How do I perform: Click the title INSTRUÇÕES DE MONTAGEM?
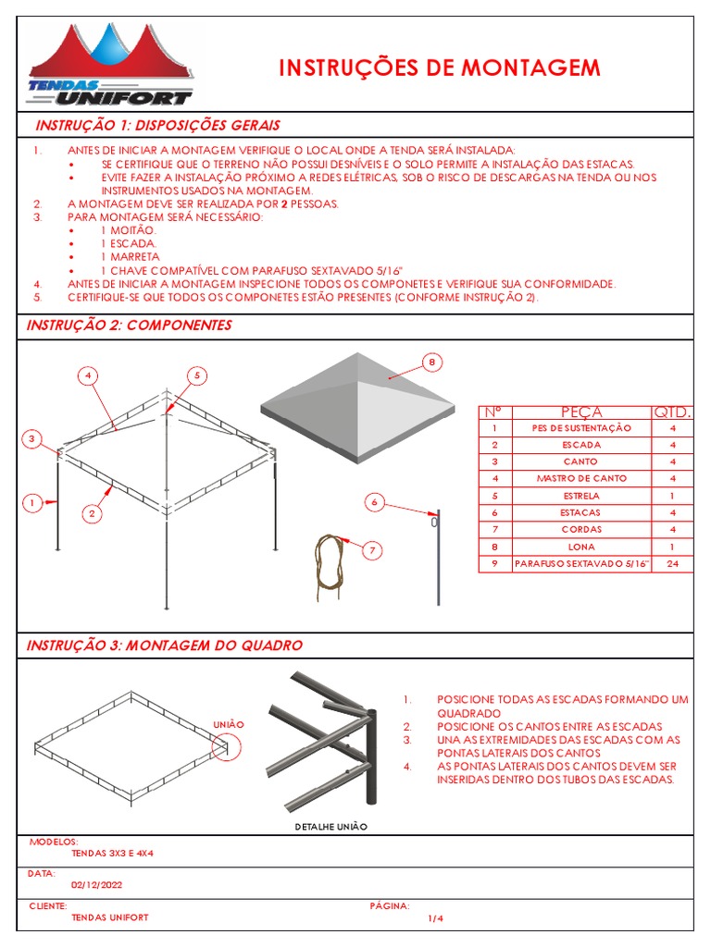440,68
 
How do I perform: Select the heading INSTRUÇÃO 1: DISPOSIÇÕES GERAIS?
157,125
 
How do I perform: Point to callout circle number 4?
87,375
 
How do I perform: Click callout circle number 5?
197,375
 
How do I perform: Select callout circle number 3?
31,438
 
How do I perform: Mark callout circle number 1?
31,503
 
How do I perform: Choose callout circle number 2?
93,512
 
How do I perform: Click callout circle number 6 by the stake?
374,502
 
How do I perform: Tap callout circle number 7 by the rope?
372,551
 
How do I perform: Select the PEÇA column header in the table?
580,412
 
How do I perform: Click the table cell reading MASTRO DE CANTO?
580,478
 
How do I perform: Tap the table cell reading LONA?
580,546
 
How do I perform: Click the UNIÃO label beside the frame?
229,724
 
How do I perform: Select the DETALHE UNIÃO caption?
331,826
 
